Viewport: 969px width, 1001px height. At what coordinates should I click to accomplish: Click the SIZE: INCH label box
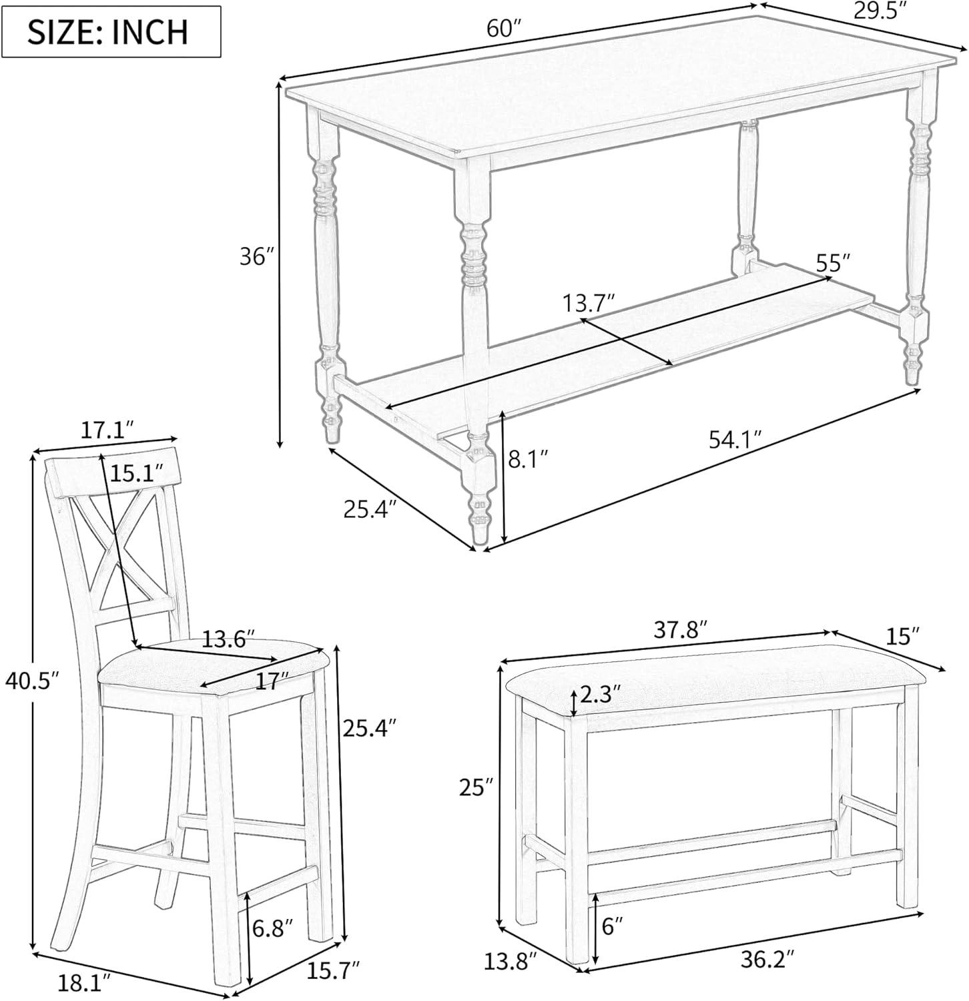(x=111, y=32)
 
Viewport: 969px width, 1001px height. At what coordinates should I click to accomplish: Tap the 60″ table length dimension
(x=503, y=28)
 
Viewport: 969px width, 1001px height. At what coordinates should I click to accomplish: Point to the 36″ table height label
(x=257, y=257)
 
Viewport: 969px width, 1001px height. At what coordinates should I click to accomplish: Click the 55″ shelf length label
(x=835, y=262)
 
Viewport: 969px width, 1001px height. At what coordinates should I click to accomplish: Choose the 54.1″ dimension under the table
(x=735, y=440)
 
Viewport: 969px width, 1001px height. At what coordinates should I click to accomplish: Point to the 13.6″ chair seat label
(x=228, y=641)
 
